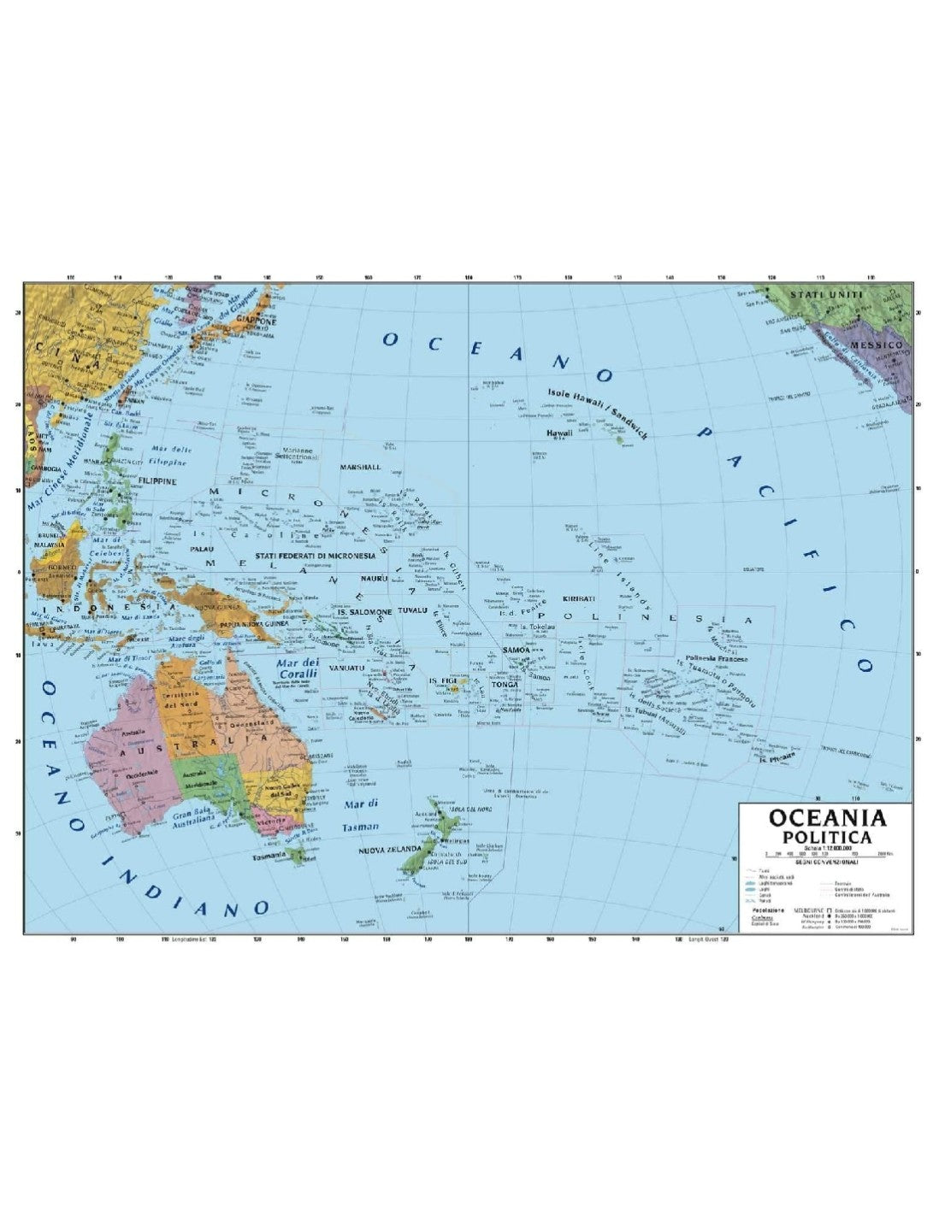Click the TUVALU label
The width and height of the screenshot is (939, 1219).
(413, 612)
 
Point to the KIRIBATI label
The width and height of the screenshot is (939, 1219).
(579, 599)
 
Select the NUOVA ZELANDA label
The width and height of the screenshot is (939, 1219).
(388, 848)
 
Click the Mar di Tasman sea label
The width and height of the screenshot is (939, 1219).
(360, 816)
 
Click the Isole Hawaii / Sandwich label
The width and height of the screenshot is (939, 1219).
(598, 412)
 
